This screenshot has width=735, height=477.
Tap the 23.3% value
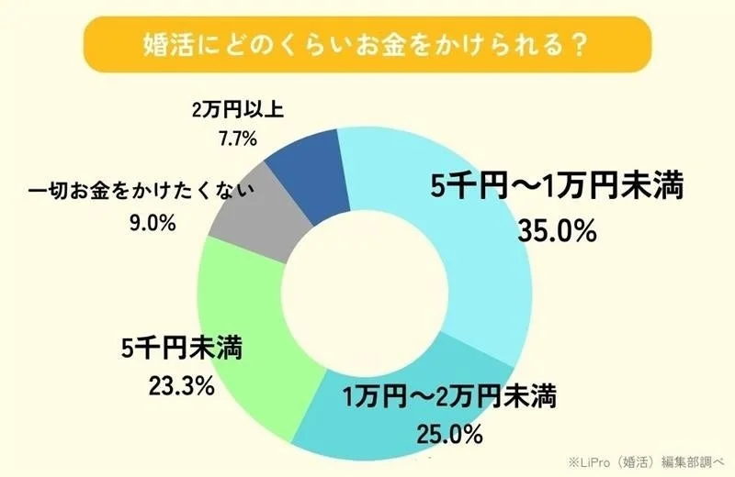(181, 384)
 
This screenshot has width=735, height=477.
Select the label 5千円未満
(181, 350)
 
